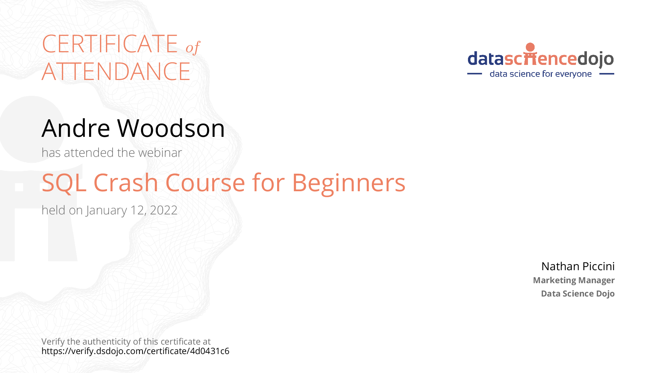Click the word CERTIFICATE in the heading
[110, 44]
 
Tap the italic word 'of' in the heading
[193, 47]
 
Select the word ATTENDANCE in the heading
[116, 72]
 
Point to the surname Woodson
[171, 128]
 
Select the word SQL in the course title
[64, 183]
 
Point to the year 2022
[163, 210]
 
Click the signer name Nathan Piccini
[578, 266]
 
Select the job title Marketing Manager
[574, 280]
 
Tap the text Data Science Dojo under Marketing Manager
[578, 294]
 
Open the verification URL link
[135, 351]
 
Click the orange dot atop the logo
[530, 47]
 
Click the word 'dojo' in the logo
[596, 59]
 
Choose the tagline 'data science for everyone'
[541, 74]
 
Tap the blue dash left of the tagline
[475, 74]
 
